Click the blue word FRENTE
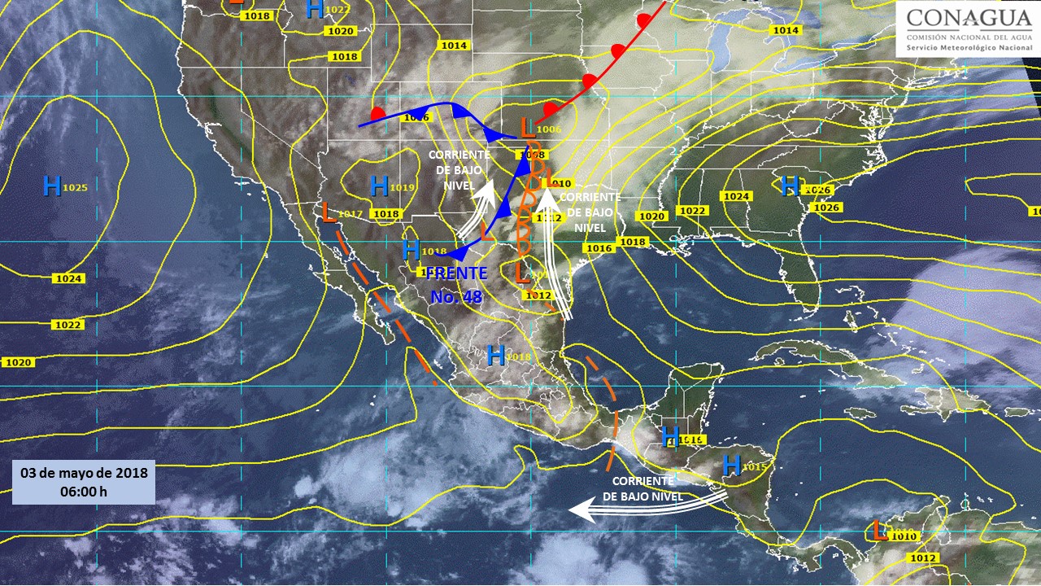click(x=456, y=273)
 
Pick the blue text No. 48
click(x=456, y=297)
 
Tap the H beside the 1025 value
click(x=51, y=186)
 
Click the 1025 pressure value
click(x=75, y=188)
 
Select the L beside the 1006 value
click(x=527, y=126)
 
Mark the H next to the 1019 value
click(x=378, y=186)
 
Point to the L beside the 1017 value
click(x=328, y=212)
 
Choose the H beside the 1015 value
click(x=731, y=466)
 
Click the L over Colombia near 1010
click(x=879, y=531)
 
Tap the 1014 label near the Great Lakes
click(x=786, y=30)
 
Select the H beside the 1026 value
click(x=788, y=186)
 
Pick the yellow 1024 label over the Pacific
click(x=68, y=278)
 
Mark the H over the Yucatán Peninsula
click(x=670, y=437)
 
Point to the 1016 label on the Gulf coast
click(x=599, y=248)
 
